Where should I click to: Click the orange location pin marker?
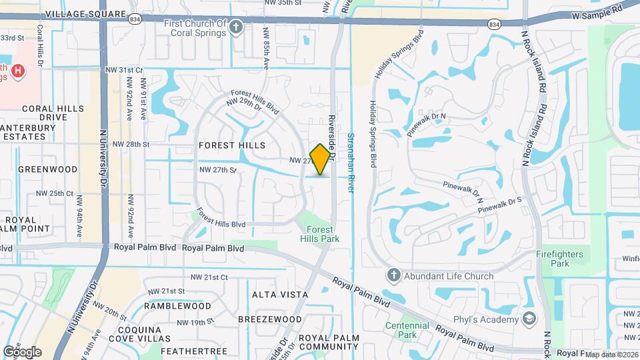[x=321, y=159]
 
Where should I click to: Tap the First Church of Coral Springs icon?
[x=235, y=27]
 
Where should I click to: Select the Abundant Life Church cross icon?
[x=393, y=275]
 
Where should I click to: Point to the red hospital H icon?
[x=19, y=71]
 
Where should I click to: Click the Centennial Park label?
[x=407, y=331]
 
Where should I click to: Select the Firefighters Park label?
[x=559, y=259]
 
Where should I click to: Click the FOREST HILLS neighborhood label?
[x=232, y=145]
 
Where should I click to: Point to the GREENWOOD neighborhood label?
[x=48, y=169]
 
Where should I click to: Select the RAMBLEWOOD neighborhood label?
[x=179, y=306]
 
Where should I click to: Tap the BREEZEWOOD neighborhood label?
[x=269, y=319]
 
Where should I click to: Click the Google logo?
[x=23, y=351]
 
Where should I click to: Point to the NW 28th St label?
[x=131, y=144]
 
